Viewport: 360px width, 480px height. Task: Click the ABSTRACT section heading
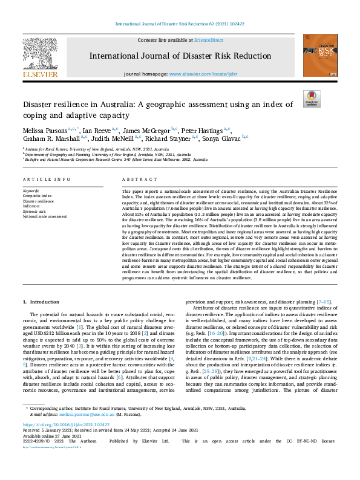(x=134, y=180)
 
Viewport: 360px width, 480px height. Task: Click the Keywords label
(x=31, y=190)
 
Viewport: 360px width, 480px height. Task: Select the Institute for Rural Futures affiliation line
(x=97, y=148)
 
